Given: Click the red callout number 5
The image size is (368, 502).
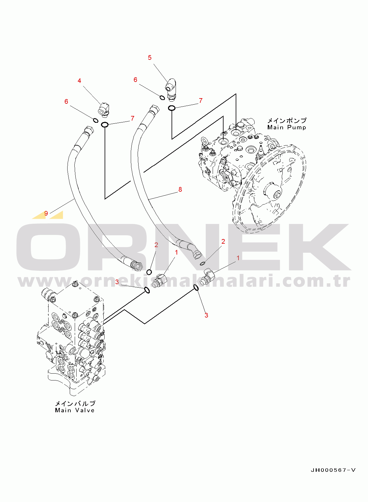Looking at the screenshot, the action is click(149, 58).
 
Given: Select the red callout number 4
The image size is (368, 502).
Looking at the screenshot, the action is click(79, 81).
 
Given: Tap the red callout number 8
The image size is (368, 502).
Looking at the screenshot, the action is click(180, 189).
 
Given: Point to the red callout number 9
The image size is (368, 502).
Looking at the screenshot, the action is click(46, 213).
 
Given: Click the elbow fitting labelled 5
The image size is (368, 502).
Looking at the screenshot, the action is click(171, 89).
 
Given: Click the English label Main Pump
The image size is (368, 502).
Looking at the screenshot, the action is click(286, 127).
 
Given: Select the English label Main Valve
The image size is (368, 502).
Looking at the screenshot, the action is click(75, 410).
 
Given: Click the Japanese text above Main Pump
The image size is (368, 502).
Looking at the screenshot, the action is click(287, 121).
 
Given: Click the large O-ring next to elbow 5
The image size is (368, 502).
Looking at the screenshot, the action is click(172, 108).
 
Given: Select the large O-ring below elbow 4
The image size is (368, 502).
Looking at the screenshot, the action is click(105, 125).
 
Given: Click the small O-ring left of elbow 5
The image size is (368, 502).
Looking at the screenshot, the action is click(162, 98).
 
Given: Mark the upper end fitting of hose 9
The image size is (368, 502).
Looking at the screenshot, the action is click(88, 131).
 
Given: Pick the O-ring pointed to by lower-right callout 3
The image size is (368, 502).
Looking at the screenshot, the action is click(196, 287).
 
